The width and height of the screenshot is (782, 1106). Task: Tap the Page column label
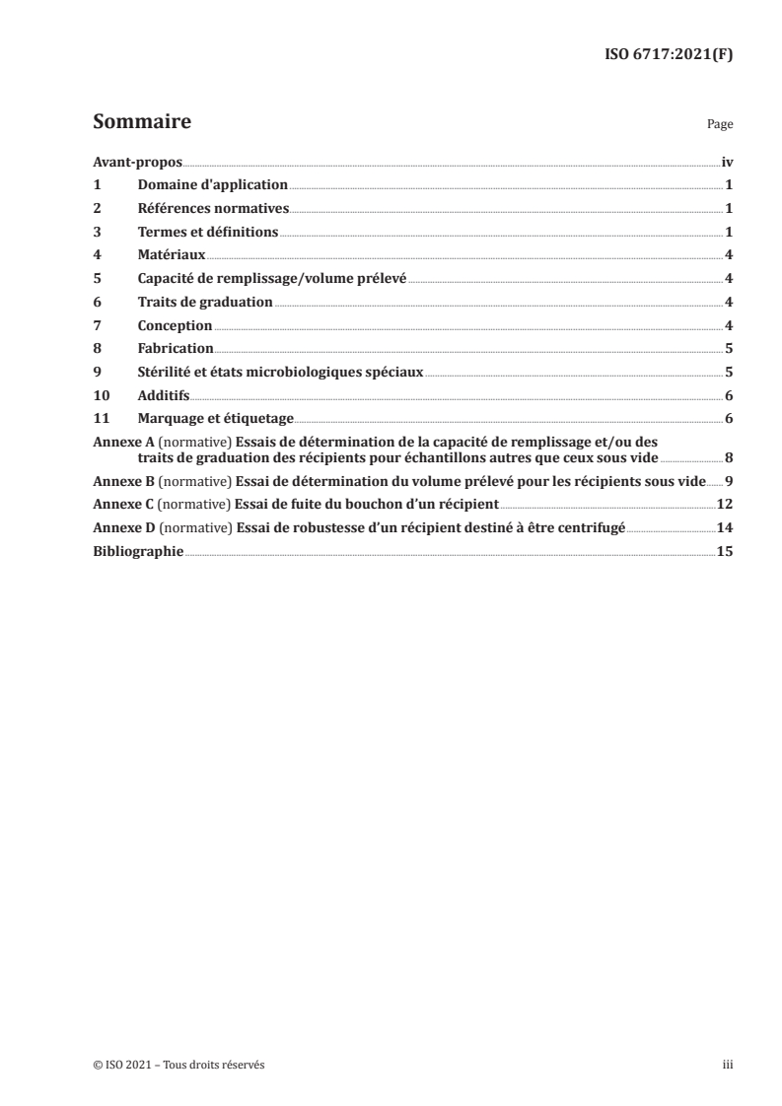click(719, 126)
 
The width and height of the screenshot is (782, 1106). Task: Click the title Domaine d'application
click(212, 184)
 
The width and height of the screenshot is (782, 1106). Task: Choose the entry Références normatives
click(213, 208)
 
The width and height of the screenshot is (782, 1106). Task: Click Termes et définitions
click(208, 232)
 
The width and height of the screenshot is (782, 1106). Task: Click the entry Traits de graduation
click(205, 302)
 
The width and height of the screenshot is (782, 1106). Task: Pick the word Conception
click(175, 325)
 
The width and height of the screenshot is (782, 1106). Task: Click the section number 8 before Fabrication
click(97, 349)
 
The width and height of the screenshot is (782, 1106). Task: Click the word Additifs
click(163, 395)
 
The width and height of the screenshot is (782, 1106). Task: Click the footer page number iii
click(728, 1065)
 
